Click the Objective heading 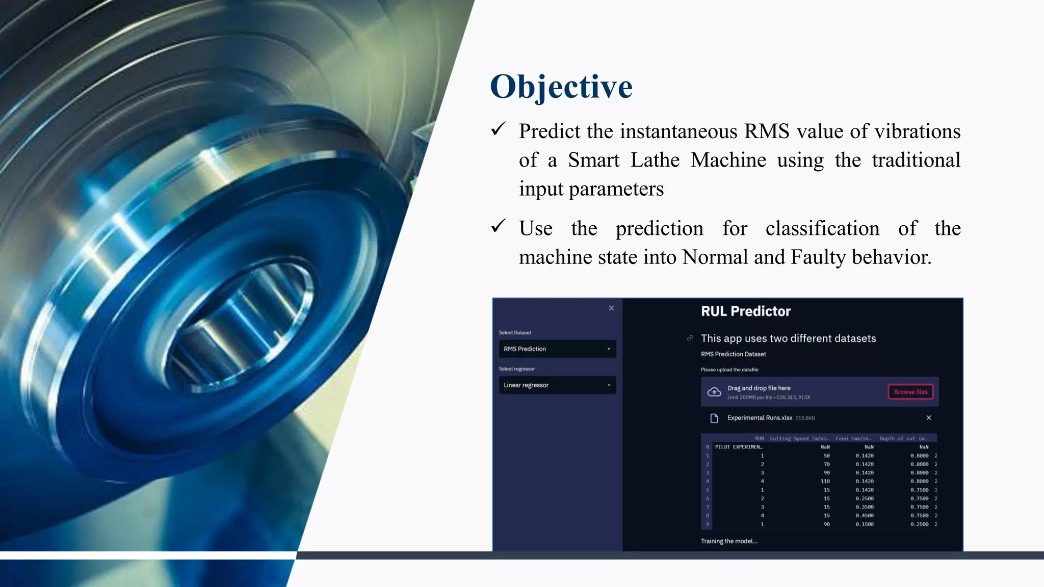[561, 87]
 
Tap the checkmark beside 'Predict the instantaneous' [498, 129]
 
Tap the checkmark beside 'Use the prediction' [498, 226]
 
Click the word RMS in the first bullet [766, 131]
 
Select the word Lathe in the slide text [655, 160]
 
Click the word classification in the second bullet [822, 228]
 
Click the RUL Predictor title [745, 311]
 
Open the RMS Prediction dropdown [557, 349]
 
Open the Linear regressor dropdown [557, 385]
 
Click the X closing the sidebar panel [611, 308]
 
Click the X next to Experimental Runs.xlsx [928, 418]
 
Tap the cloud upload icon [714, 392]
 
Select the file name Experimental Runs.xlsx [759, 418]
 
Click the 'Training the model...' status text [728, 541]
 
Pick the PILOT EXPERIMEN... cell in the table [738, 447]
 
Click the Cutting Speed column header [799, 438]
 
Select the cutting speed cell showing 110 [825, 481]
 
